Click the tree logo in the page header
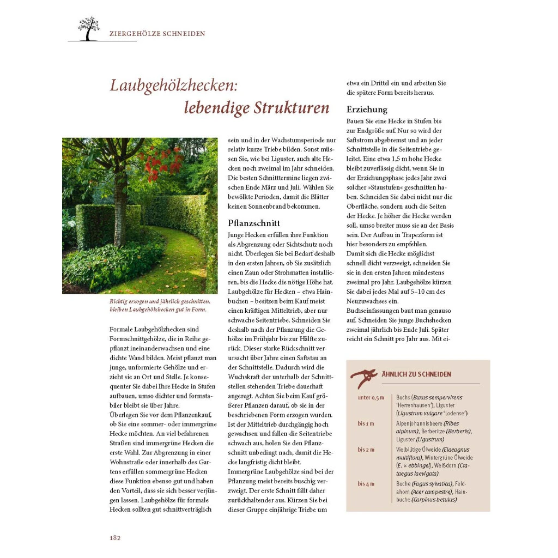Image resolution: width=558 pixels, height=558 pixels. tap(89, 29)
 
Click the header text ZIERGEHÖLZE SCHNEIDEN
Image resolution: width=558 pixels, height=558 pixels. tap(157, 34)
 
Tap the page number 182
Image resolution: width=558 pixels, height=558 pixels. tap(114, 537)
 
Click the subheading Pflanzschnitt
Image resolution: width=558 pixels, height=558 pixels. tap(253, 223)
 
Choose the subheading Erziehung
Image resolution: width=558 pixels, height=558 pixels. tap(367, 109)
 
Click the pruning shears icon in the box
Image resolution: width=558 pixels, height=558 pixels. tap(363, 376)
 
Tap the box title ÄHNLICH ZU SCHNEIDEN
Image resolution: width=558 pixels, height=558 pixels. tap(416, 374)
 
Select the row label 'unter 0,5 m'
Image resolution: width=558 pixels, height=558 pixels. tap(371, 397)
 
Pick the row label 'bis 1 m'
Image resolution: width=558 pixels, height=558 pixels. tap(366, 423)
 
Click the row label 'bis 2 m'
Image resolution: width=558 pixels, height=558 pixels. tap(366, 450)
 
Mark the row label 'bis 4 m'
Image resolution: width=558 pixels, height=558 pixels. tap(366, 484)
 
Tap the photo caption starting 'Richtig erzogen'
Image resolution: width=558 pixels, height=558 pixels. tap(159, 305)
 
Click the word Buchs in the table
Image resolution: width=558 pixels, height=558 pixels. tap(403, 397)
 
